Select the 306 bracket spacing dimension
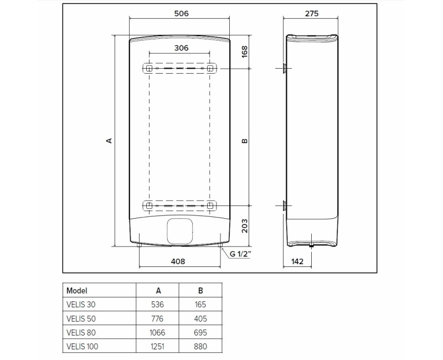181,48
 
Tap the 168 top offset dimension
244,52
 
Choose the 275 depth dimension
311,14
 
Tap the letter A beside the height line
109,141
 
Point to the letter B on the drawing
244,141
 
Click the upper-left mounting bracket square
149,69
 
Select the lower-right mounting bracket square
210,205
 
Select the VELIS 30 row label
80,304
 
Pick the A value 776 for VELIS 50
158,318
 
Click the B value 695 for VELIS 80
200,332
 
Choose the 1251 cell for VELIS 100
158,346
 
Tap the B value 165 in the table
200,304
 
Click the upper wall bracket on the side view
284,69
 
